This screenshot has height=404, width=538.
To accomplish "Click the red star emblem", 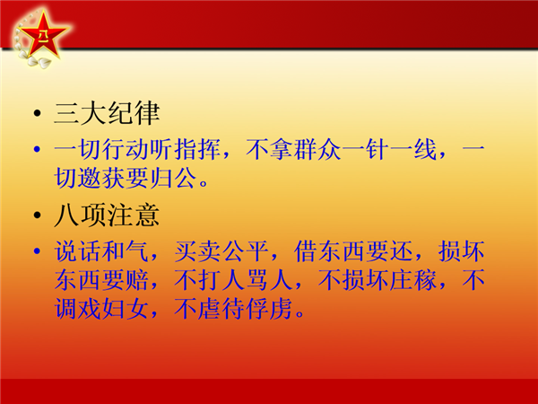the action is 42,34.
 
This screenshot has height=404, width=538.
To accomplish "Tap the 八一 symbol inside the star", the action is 42,35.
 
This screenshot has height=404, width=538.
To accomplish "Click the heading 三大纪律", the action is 107,113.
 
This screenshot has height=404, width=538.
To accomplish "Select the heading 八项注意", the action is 107,215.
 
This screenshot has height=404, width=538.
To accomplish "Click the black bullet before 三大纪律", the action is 38,113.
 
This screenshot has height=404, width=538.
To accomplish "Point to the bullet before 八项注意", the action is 38,215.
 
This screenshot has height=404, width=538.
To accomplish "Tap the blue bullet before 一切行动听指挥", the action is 37,149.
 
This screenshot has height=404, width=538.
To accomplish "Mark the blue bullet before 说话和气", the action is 37,250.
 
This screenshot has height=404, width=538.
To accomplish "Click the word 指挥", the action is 197,149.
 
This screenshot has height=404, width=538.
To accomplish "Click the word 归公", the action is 174,178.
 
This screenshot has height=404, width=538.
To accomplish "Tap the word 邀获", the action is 101,178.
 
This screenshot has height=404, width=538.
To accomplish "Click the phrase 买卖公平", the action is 221,251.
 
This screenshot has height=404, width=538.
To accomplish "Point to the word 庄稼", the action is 413,280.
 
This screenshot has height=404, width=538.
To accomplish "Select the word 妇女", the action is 126,309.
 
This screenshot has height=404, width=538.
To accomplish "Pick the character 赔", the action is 137,280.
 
